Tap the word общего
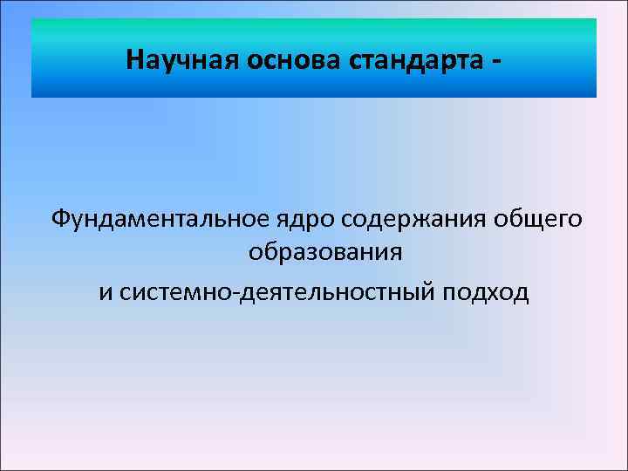coord(539,219)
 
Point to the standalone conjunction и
coord(105,291)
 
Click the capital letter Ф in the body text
coord(60,217)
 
